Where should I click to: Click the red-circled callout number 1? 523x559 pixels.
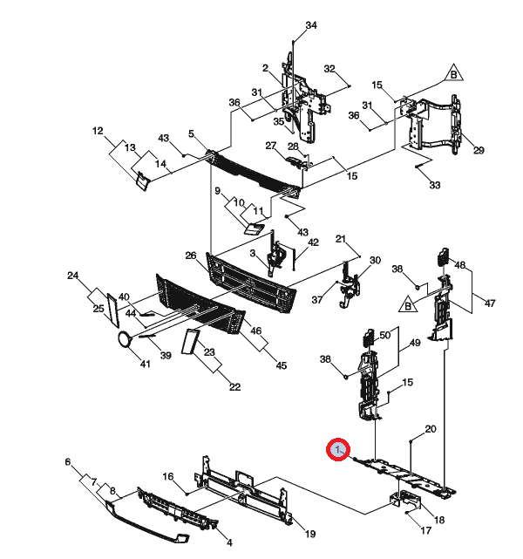337,449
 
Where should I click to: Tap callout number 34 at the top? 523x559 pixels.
311,25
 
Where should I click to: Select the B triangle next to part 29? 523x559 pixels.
453,74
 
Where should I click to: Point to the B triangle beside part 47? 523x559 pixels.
408,305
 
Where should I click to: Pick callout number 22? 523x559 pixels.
234,387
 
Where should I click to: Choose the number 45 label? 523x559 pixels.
282,365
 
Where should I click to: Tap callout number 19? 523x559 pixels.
310,534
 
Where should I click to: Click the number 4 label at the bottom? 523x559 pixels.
230,542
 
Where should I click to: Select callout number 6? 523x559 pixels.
68,462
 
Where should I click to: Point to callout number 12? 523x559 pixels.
98,131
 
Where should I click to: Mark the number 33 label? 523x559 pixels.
435,185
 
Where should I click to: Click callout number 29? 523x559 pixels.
479,150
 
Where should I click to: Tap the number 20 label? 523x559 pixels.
431,429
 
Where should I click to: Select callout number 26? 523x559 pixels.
191,256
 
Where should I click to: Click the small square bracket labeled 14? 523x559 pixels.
142,181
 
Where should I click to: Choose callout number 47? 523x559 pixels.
490,303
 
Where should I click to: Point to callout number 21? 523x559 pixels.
341,238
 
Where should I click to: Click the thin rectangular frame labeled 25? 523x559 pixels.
113,310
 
